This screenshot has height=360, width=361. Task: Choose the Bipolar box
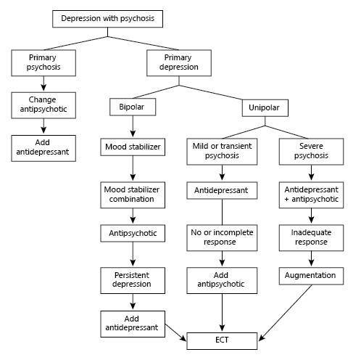(x=133, y=107)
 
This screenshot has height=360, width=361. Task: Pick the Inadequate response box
(x=311, y=237)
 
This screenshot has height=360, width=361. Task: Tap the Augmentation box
(x=311, y=276)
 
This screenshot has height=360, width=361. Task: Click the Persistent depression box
(x=133, y=280)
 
